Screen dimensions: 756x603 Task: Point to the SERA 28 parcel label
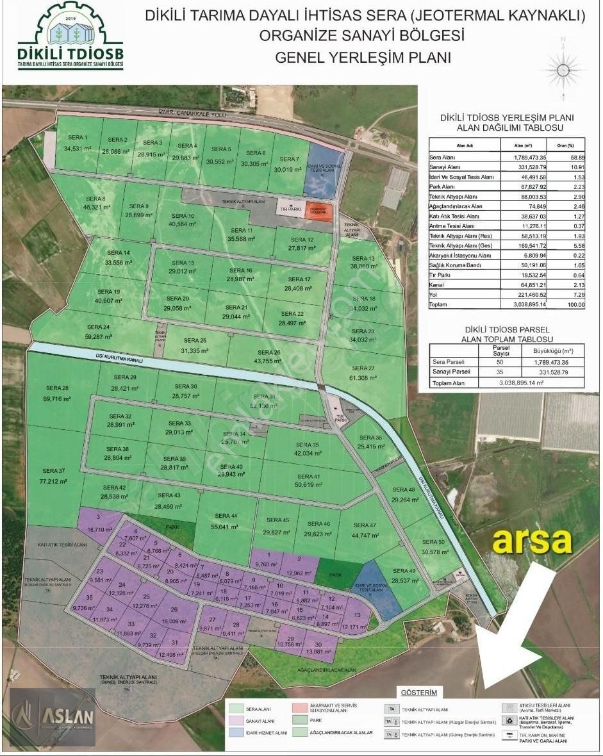[57, 389]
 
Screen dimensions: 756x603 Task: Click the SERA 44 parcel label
[226, 516]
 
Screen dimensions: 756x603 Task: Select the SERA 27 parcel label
[363, 368]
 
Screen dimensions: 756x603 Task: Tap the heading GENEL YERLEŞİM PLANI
[363, 58]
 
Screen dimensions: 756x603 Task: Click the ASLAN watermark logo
[51, 718]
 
